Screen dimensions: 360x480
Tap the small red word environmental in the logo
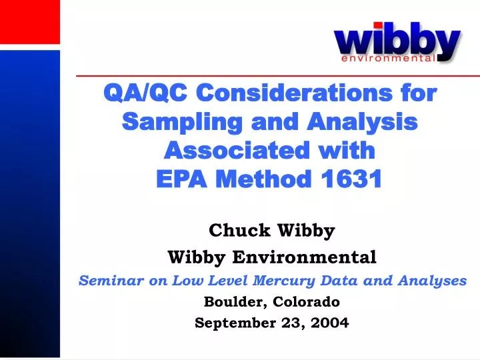coord(388,59)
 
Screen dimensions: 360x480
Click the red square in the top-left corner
coord(29,21)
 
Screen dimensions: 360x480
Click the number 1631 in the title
coord(351,179)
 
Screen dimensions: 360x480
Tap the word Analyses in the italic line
coord(437,281)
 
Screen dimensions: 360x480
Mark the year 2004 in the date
coord(331,323)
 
